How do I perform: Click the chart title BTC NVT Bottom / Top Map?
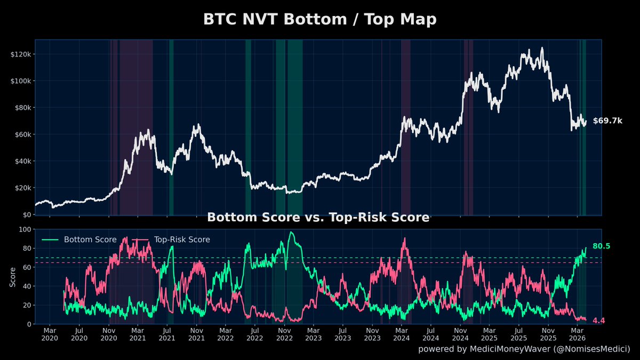319,20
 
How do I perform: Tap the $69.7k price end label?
607,121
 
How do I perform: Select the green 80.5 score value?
601,246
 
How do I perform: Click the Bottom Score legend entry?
90,239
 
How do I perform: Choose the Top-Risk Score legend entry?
181,239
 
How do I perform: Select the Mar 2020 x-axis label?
49,334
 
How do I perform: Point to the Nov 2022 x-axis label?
284,334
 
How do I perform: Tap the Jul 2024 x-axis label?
431,334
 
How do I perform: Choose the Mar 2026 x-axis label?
578,334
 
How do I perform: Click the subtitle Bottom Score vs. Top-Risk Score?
318,218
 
